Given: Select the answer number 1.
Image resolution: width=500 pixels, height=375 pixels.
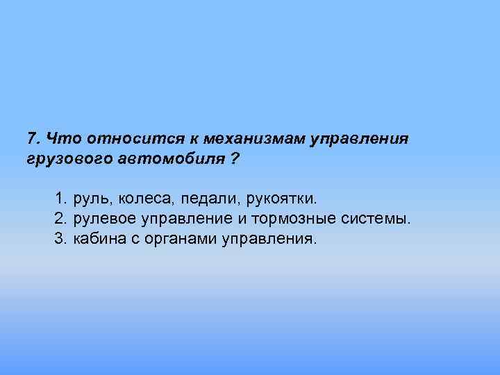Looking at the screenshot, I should (x=60, y=199).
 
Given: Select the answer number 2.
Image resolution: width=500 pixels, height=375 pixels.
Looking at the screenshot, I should (x=60, y=219).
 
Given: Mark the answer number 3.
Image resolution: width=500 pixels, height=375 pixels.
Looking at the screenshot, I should (x=60, y=240).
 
